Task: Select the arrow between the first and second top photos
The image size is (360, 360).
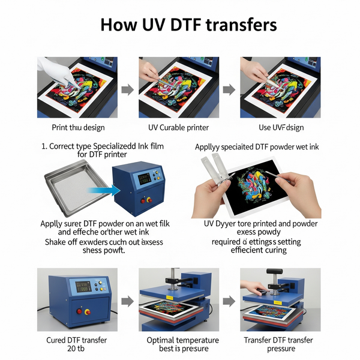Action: pos(127,90)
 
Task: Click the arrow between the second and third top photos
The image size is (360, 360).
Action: pos(229,90)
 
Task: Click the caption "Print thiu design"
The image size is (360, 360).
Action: pos(78,127)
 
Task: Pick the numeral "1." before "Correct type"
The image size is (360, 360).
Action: pos(44,146)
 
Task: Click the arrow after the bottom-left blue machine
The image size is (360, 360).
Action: pos(127,301)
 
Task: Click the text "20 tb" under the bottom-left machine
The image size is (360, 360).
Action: pos(77,350)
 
